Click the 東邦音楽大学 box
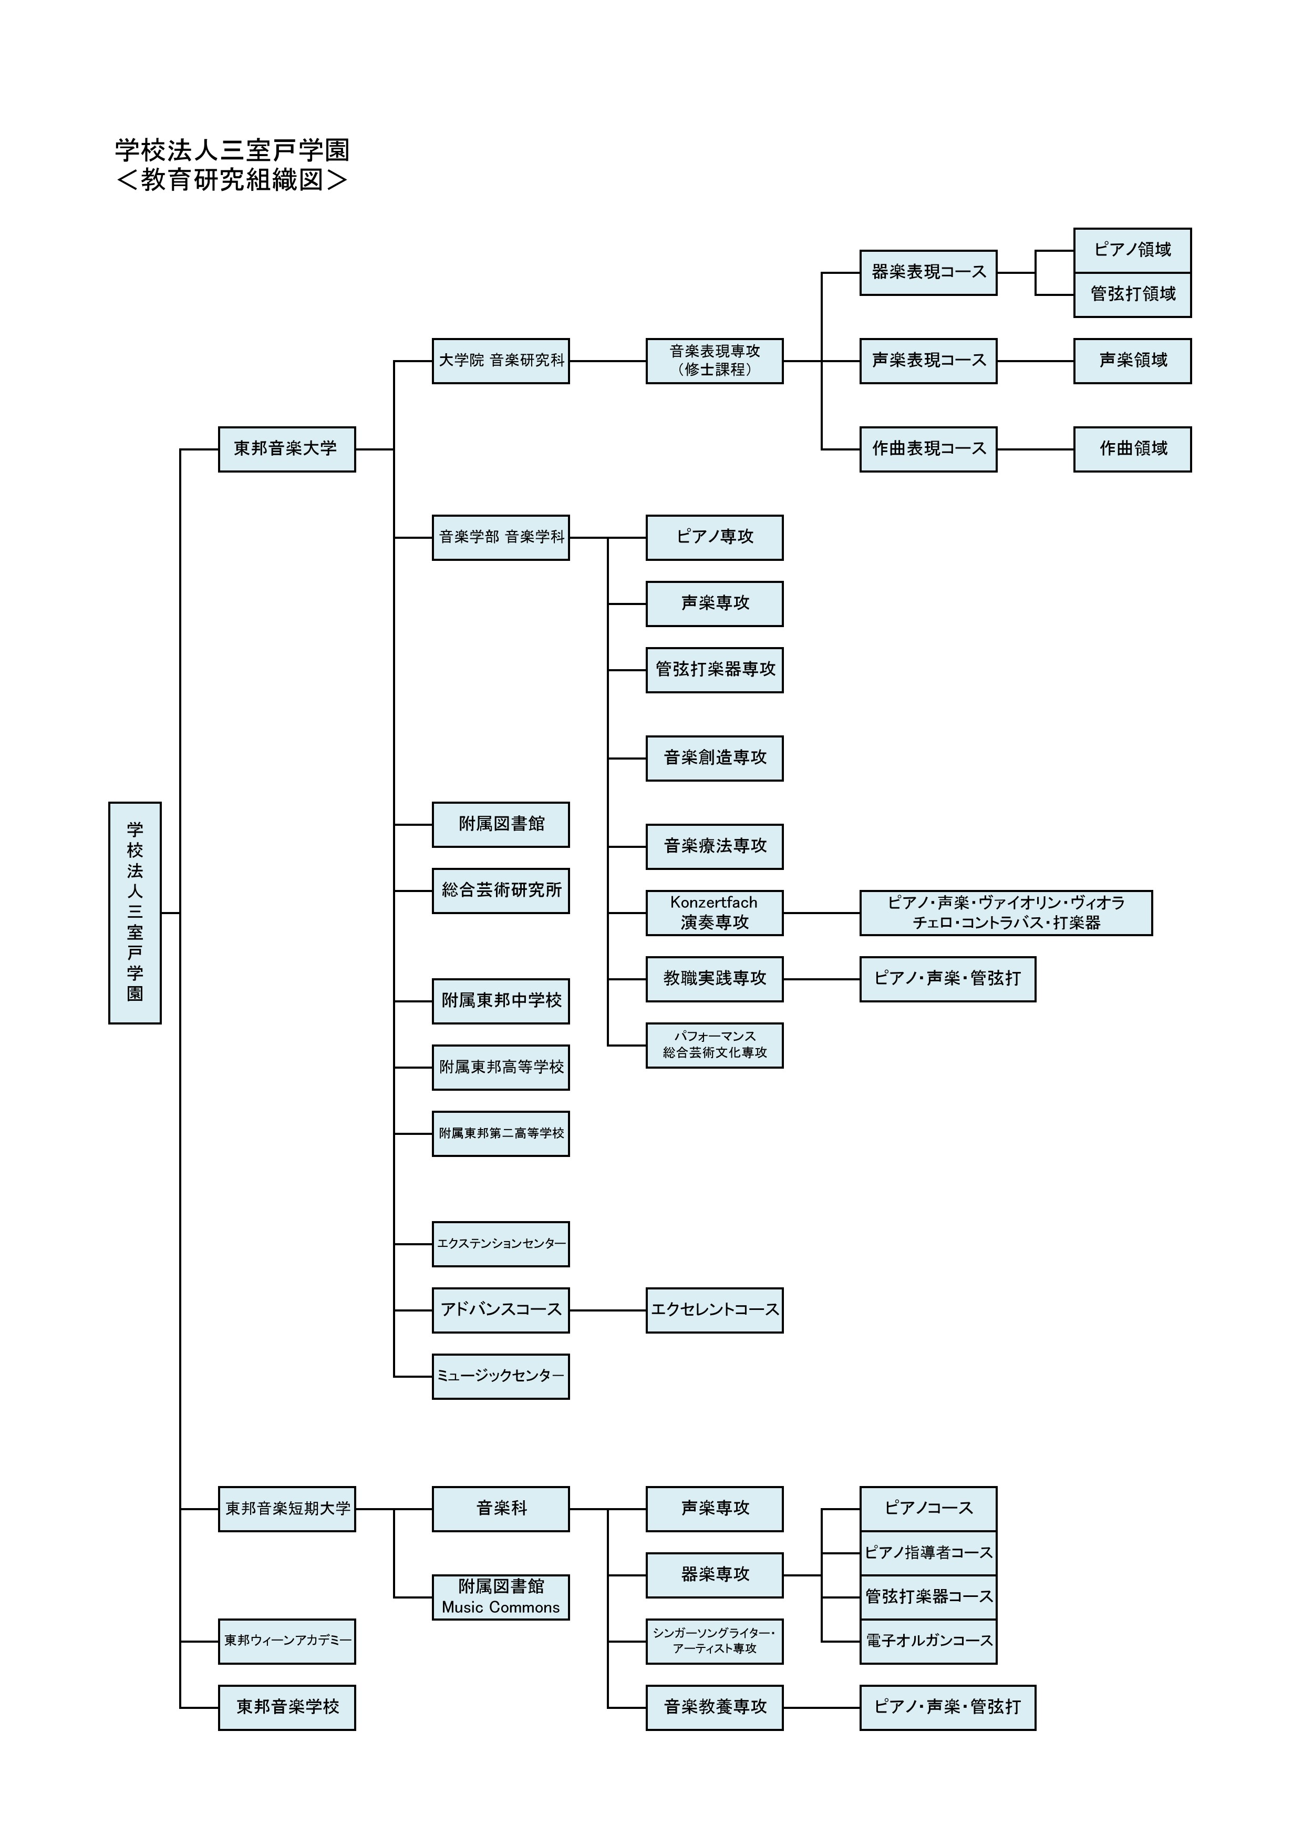[x=287, y=449]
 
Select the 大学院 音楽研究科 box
[x=501, y=361]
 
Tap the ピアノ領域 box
[x=1132, y=251]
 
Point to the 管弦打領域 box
[x=1132, y=295]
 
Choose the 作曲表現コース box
[x=928, y=449]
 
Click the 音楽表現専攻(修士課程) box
[x=715, y=361]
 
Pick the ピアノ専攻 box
[x=715, y=537]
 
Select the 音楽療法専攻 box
[x=715, y=846]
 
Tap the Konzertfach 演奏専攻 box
[x=715, y=913]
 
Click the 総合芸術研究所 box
[x=501, y=890]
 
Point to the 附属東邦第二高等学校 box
[x=501, y=1134]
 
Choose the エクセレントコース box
[x=715, y=1310]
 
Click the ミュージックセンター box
[x=501, y=1377]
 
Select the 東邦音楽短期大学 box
[x=287, y=1509]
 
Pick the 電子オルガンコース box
[x=928, y=1642]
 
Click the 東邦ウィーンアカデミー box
[x=287, y=1642]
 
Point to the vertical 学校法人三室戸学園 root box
[x=135, y=913]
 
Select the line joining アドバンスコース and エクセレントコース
[x=608, y=1310]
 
